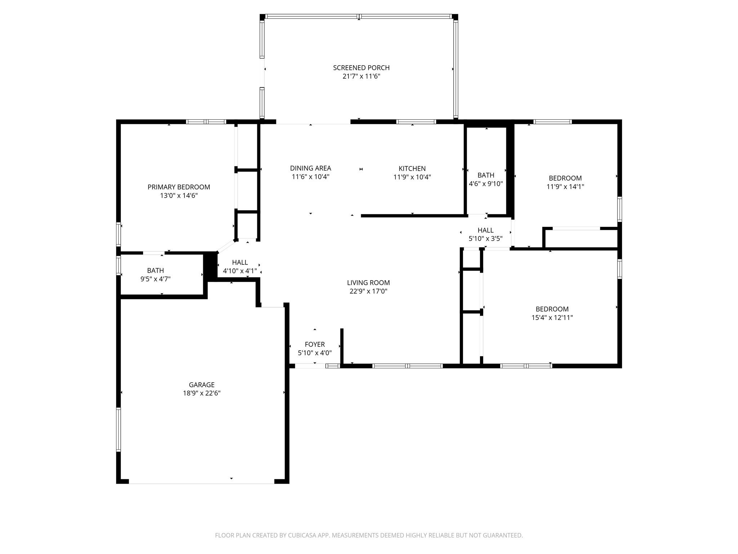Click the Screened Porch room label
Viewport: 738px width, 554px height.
[x=361, y=68]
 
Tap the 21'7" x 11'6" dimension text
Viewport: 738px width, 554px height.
[x=361, y=76]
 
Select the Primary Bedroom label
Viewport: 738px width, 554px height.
[x=179, y=187]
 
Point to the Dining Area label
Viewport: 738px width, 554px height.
[x=311, y=168]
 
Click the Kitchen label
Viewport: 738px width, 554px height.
[x=412, y=168]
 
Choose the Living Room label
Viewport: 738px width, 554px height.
[x=368, y=283]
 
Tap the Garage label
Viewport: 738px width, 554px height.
[x=202, y=385]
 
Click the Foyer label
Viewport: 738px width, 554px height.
[x=315, y=344]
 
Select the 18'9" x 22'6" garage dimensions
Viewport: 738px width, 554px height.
[x=202, y=393]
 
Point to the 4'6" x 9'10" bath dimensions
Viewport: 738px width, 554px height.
[x=486, y=184]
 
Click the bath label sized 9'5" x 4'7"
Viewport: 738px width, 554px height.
[x=156, y=271]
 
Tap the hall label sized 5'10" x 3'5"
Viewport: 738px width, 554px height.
[x=486, y=230]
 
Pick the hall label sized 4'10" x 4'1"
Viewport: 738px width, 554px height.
[x=240, y=263]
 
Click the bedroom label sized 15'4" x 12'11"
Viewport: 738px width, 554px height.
[x=552, y=309]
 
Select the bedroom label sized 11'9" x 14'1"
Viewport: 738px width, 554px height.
[x=565, y=178]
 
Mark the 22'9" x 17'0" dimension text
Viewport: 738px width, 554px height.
[x=368, y=291]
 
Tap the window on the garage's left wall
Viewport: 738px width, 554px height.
[x=118, y=429]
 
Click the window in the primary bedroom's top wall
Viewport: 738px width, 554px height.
[x=206, y=122]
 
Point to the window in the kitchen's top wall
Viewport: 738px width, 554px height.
[x=416, y=122]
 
